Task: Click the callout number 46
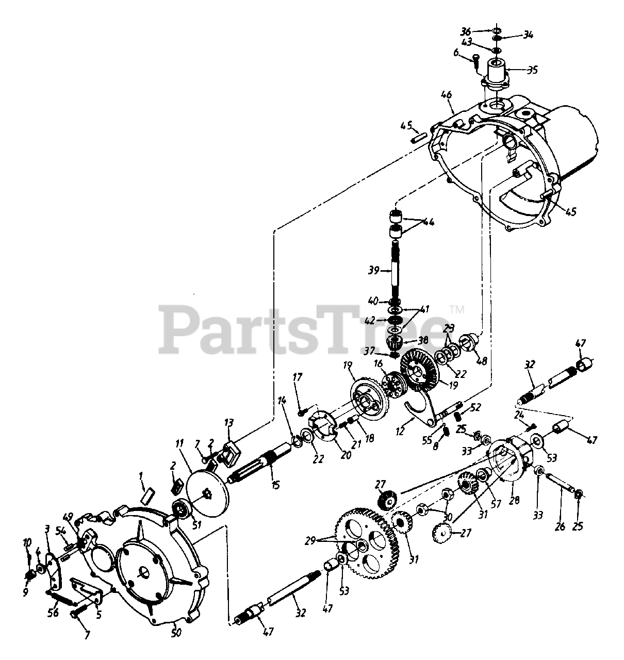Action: tap(447, 94)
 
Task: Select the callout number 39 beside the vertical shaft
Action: tap(374, 270)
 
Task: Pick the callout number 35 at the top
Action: tap(532, 70)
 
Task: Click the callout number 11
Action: tap(179, 444)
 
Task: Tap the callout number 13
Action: tap(228, 422)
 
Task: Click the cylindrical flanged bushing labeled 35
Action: tap(495, 72)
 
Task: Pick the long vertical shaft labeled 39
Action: tap(395, 268)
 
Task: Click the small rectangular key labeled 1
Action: tap(148, 496)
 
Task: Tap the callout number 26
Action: tap(560, 526)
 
